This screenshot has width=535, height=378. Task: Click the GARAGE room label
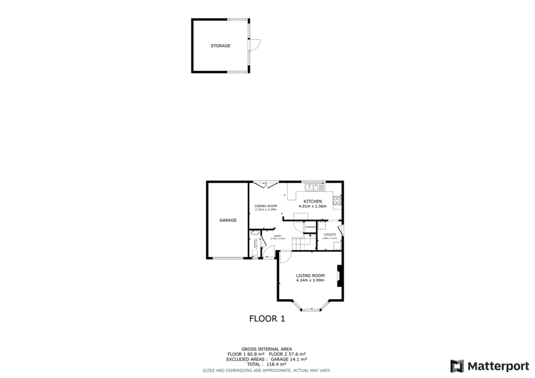click(x=228, y=220)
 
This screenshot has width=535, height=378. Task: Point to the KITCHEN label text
click(x=312, y=202)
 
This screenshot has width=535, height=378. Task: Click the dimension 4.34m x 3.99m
click(x=310, y=280)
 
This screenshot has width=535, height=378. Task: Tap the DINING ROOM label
click(x=265, y=206)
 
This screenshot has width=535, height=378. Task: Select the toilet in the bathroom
click(x=253, y=254)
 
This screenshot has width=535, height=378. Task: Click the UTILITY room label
click(x=330, y=234)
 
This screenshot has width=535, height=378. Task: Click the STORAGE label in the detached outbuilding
click(x=220, y=46)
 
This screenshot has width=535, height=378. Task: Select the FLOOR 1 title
click(x=267, y=318)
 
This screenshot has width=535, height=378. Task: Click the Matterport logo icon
click(x=457, y=365)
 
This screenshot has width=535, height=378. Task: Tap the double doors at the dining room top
click(x=266, y=184)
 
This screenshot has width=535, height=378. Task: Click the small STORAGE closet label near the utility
click(x=310, y=227)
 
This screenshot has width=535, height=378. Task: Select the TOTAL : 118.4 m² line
click(x=266, y=364)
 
